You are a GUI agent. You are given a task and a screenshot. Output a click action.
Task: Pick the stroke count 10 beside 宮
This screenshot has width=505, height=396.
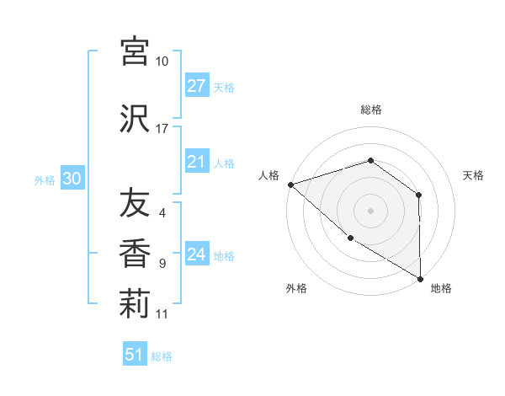[162, 62]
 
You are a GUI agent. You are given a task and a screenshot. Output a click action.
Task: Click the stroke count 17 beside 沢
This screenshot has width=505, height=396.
[162, 129]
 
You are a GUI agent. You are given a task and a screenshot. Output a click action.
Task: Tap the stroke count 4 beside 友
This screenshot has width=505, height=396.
[162, 213]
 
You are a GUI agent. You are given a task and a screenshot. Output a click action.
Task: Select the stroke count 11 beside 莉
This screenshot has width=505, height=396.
[162, 314]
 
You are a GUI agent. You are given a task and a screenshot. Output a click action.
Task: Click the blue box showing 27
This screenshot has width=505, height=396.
[196, 86]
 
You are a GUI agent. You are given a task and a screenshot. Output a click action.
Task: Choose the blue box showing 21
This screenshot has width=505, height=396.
[196, 162]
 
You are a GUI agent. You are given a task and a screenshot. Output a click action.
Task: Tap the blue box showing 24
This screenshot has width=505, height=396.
[196, 254]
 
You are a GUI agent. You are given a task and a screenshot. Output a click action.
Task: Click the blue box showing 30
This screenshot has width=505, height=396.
[72, 179]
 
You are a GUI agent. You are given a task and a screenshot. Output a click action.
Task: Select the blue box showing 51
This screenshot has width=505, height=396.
[135, 355]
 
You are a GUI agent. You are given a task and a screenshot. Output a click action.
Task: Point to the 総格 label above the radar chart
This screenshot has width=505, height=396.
[370, 110]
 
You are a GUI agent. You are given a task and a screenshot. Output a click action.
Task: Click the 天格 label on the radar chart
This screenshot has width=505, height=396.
[474, 175]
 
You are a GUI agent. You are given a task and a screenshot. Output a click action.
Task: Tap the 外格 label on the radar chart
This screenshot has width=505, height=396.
[295, 288]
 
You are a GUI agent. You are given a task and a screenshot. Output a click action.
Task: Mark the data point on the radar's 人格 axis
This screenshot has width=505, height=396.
[290, 184]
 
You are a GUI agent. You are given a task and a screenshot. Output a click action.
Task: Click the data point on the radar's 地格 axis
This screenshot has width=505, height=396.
[420, 278]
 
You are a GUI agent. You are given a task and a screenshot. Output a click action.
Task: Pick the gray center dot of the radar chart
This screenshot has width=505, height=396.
[370, 210]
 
